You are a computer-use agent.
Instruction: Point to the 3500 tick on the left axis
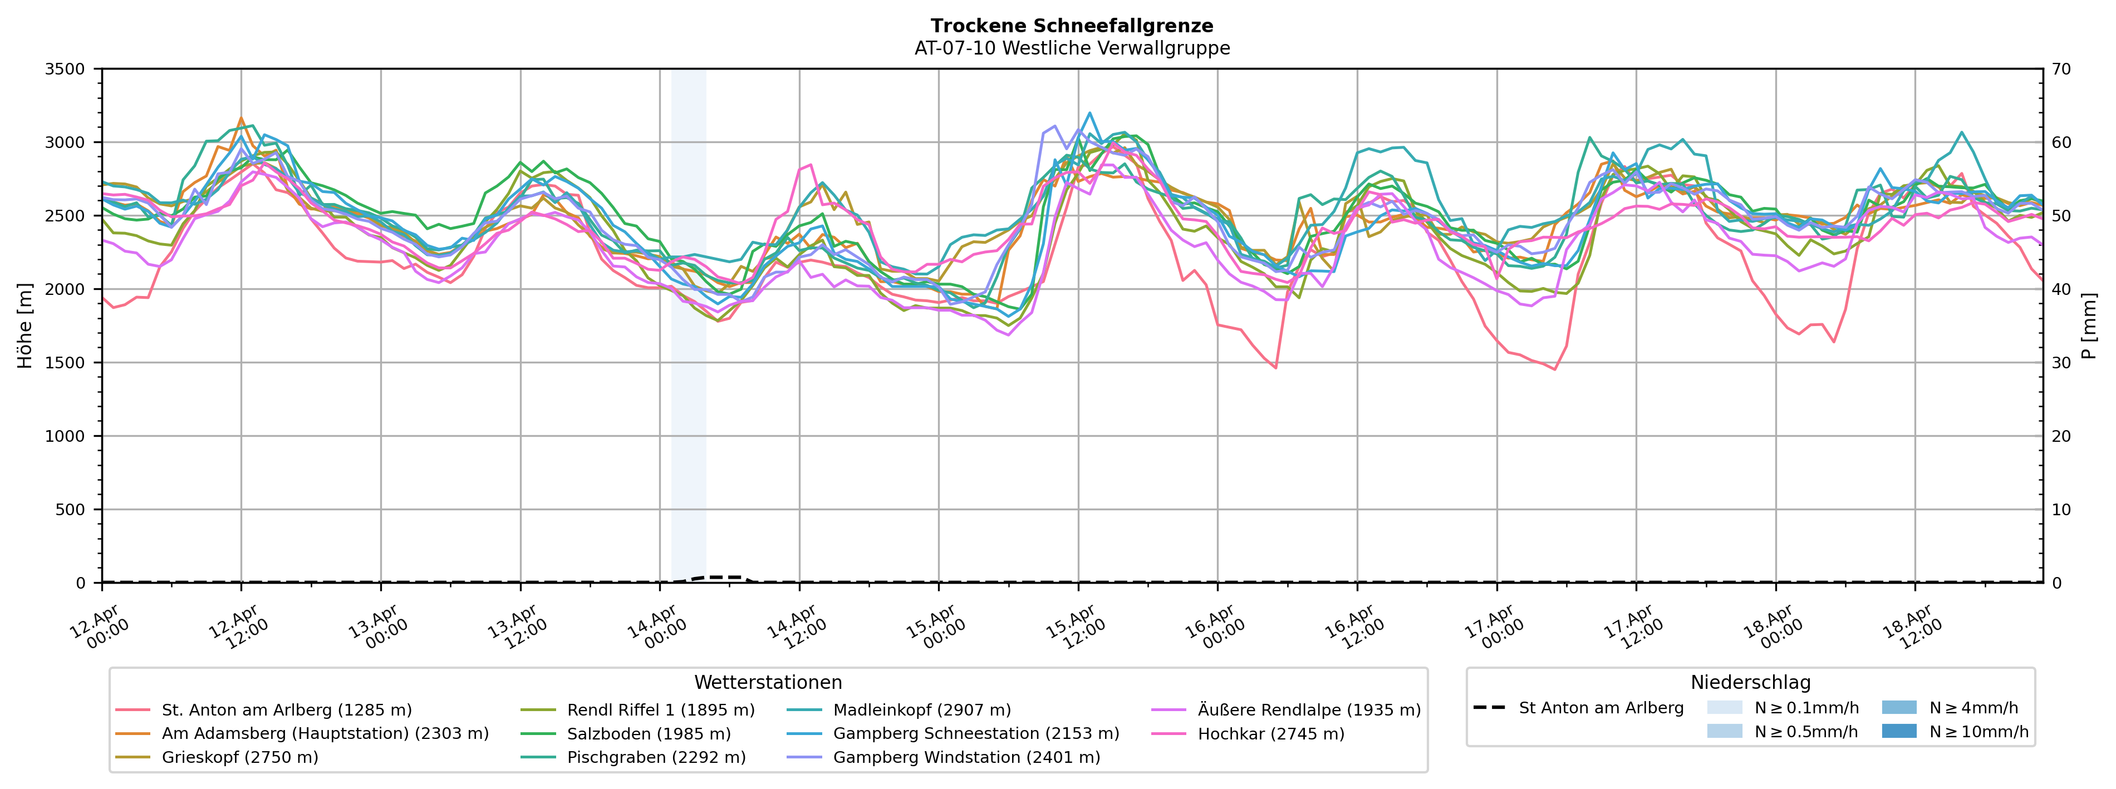[65, 70]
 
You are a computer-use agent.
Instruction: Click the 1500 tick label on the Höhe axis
[65, 363]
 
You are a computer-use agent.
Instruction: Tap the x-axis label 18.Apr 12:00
[1912, 627]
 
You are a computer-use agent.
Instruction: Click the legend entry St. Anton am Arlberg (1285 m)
[286, 710]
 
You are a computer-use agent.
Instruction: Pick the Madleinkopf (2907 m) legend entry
[922, 710]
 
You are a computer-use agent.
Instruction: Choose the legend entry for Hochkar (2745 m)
[1271, 734]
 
